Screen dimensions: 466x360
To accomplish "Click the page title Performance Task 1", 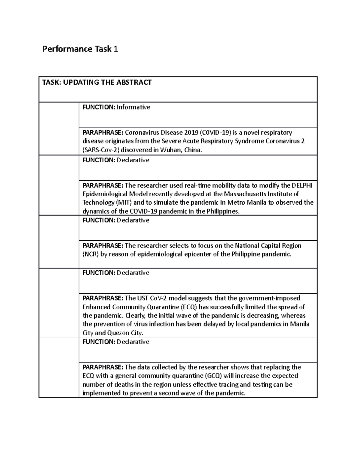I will click(x=80, y=49).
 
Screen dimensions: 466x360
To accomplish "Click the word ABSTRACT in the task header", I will click(x=136, y=82).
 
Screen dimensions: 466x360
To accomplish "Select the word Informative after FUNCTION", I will click(x=133, y=107).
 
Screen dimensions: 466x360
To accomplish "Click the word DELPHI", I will click(x=302, y=185).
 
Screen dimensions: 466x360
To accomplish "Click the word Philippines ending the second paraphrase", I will click(x=223, y=211).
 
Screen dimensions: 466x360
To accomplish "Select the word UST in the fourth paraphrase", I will click(x=143, y=298).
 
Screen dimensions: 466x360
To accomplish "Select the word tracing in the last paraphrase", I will click(x=229, y=385).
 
